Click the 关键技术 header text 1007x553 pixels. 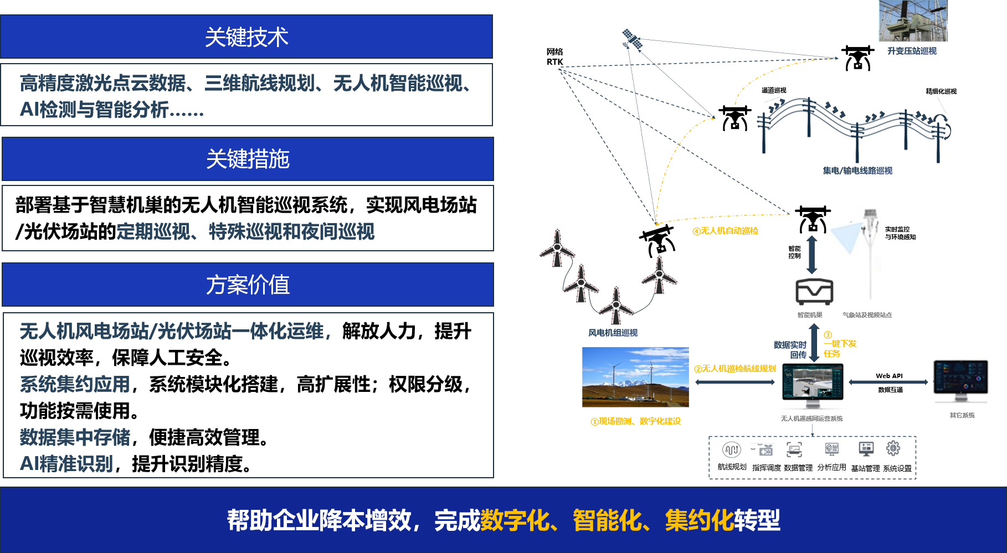click(246, 37)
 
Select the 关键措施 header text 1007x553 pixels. click(248, 159)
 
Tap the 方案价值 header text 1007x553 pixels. click(248, 285)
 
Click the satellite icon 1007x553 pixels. click(631, 39)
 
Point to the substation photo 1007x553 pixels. click(913, 21)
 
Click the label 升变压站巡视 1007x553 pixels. click(912, 51)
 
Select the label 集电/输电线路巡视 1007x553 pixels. click(857, 171)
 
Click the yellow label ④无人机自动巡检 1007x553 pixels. click(725, 231)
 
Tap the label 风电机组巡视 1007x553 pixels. click(613, 333)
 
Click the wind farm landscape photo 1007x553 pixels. click(635, 377)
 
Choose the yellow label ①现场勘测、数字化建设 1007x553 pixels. click(635, 421)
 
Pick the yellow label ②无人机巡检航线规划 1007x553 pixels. click(735, 369)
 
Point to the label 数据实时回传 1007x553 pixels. click(790, 350)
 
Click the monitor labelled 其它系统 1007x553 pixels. click(963, 382)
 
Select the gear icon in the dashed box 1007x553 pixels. click(893, 448)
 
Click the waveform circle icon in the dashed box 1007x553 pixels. click(731, 449)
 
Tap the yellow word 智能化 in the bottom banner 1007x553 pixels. click(607, 520)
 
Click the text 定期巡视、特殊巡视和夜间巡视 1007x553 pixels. click(245, 231)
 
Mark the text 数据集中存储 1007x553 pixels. click(75, 437)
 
